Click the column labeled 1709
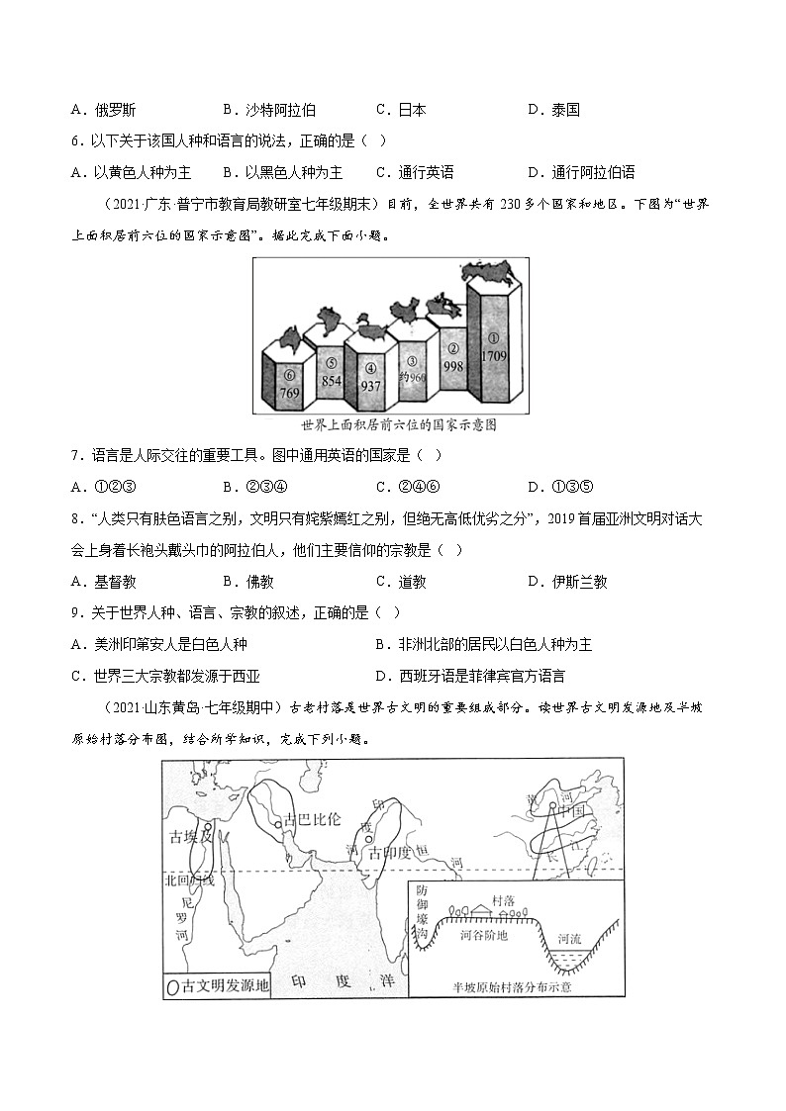(494, 346)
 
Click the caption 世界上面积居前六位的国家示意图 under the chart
(399, 425)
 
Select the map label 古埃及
(190, 838)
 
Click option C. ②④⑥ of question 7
(407, 486)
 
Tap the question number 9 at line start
(75, 613)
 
